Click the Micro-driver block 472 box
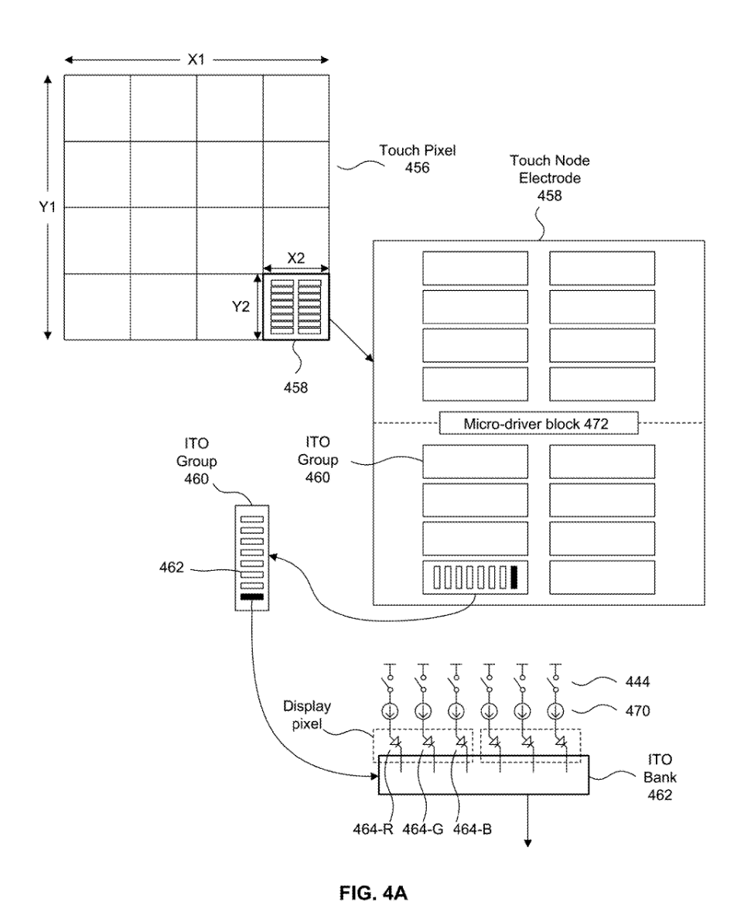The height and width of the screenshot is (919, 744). [x=539, y=423]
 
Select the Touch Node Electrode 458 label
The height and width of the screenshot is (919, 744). [x=540, y=178]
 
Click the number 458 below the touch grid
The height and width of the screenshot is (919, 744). [x=296, y=388]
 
